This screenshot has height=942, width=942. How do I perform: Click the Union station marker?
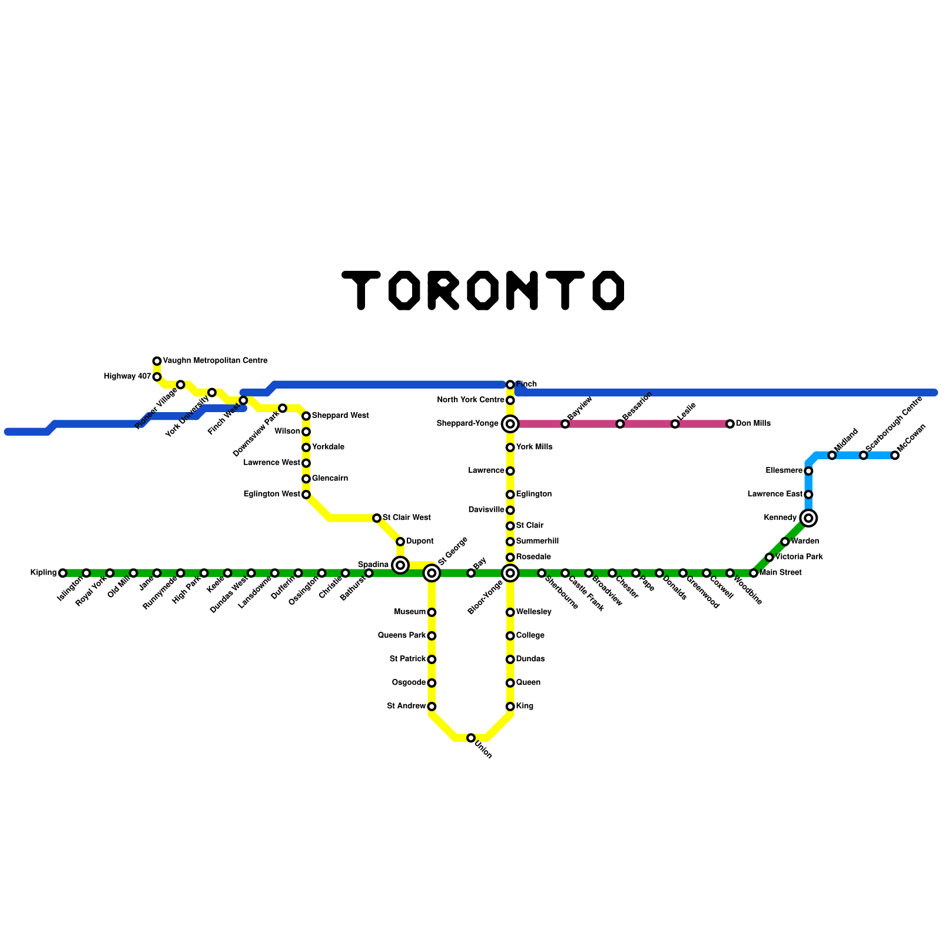[471, 738]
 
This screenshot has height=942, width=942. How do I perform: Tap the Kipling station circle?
[63, 573]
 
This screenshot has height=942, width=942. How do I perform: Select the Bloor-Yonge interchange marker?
[510, 573]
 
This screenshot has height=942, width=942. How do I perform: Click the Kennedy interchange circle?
[809, 518]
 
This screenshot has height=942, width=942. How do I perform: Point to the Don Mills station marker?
[730, 424]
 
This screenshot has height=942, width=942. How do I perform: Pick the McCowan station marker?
[895, 455]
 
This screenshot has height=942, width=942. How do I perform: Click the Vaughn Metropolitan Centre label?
[215, 361]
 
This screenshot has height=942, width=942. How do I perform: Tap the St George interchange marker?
[432, 573]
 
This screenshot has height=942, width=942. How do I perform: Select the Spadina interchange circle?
[400, 565]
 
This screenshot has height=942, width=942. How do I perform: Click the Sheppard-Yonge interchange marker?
[510, 424]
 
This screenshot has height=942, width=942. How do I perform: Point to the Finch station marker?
[510, 384]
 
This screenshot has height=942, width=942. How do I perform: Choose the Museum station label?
[410, 612]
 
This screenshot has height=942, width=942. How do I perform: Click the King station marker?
[510, 706]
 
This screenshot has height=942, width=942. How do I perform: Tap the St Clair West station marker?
[377, 518]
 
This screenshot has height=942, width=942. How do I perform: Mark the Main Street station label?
[781, 573]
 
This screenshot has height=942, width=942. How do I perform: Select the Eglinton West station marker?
[306, 495]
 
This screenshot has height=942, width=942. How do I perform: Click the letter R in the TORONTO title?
[443, 290]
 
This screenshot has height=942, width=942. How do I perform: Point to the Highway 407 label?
[127, 377]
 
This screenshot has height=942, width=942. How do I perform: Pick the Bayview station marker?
[565, 424]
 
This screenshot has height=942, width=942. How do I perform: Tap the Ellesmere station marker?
[809, 471]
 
